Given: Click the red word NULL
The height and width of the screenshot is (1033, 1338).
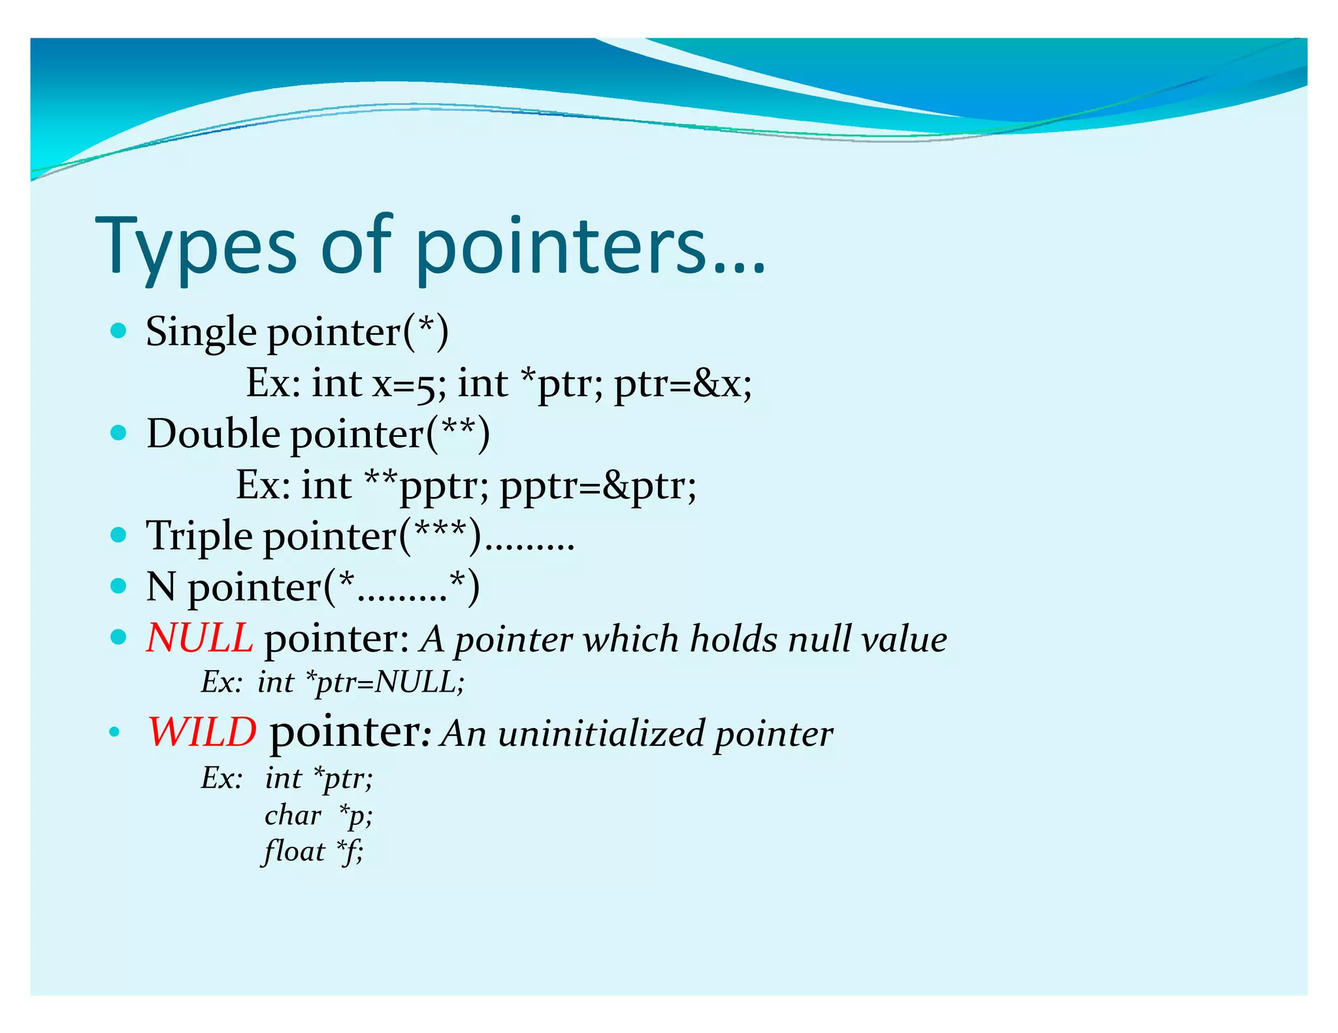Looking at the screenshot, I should (199, 638).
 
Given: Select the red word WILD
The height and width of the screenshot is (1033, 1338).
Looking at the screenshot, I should (203, 732).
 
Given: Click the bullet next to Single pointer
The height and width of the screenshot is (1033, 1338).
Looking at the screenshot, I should (118, 331).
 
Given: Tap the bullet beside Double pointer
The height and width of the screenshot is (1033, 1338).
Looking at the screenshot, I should (118, 433).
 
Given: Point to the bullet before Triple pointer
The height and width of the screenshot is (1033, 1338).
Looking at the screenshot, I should (118, 535).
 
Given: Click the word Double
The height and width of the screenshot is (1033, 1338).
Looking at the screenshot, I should (213, 434).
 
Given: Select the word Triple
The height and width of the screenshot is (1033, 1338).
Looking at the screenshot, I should (199, 536).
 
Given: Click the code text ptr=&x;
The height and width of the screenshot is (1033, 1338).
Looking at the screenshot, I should (683, 383).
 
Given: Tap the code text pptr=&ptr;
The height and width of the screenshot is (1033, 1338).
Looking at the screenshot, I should (598, 486).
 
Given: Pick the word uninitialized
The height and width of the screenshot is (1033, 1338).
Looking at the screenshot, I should (601, 733).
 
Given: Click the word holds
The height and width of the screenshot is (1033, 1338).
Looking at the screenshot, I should (734, 639).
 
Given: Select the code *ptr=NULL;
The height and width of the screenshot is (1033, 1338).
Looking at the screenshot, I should (385, 683).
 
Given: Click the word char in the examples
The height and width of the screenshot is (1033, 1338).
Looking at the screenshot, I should (293, 815).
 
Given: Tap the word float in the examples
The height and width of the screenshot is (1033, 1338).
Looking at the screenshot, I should (294, 851).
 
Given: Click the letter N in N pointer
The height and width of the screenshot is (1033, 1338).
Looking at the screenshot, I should (161, 586).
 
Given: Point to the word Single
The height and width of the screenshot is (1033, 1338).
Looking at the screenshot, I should (201, 332).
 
